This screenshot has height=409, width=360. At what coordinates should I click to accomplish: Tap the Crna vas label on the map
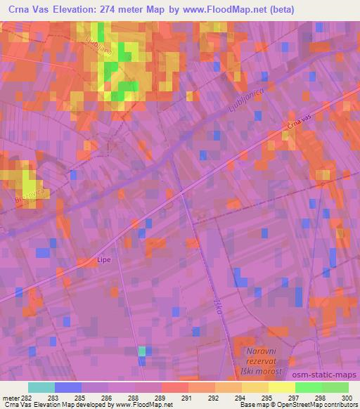tap(298, 123)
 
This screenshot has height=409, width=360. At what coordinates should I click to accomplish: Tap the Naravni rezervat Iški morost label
tap(259, 361)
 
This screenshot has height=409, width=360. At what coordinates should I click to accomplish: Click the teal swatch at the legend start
tap(41, 387)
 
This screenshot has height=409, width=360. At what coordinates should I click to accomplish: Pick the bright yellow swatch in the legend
tap(281, 387)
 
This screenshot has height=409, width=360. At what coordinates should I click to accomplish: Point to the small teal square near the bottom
tap(142, 350)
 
